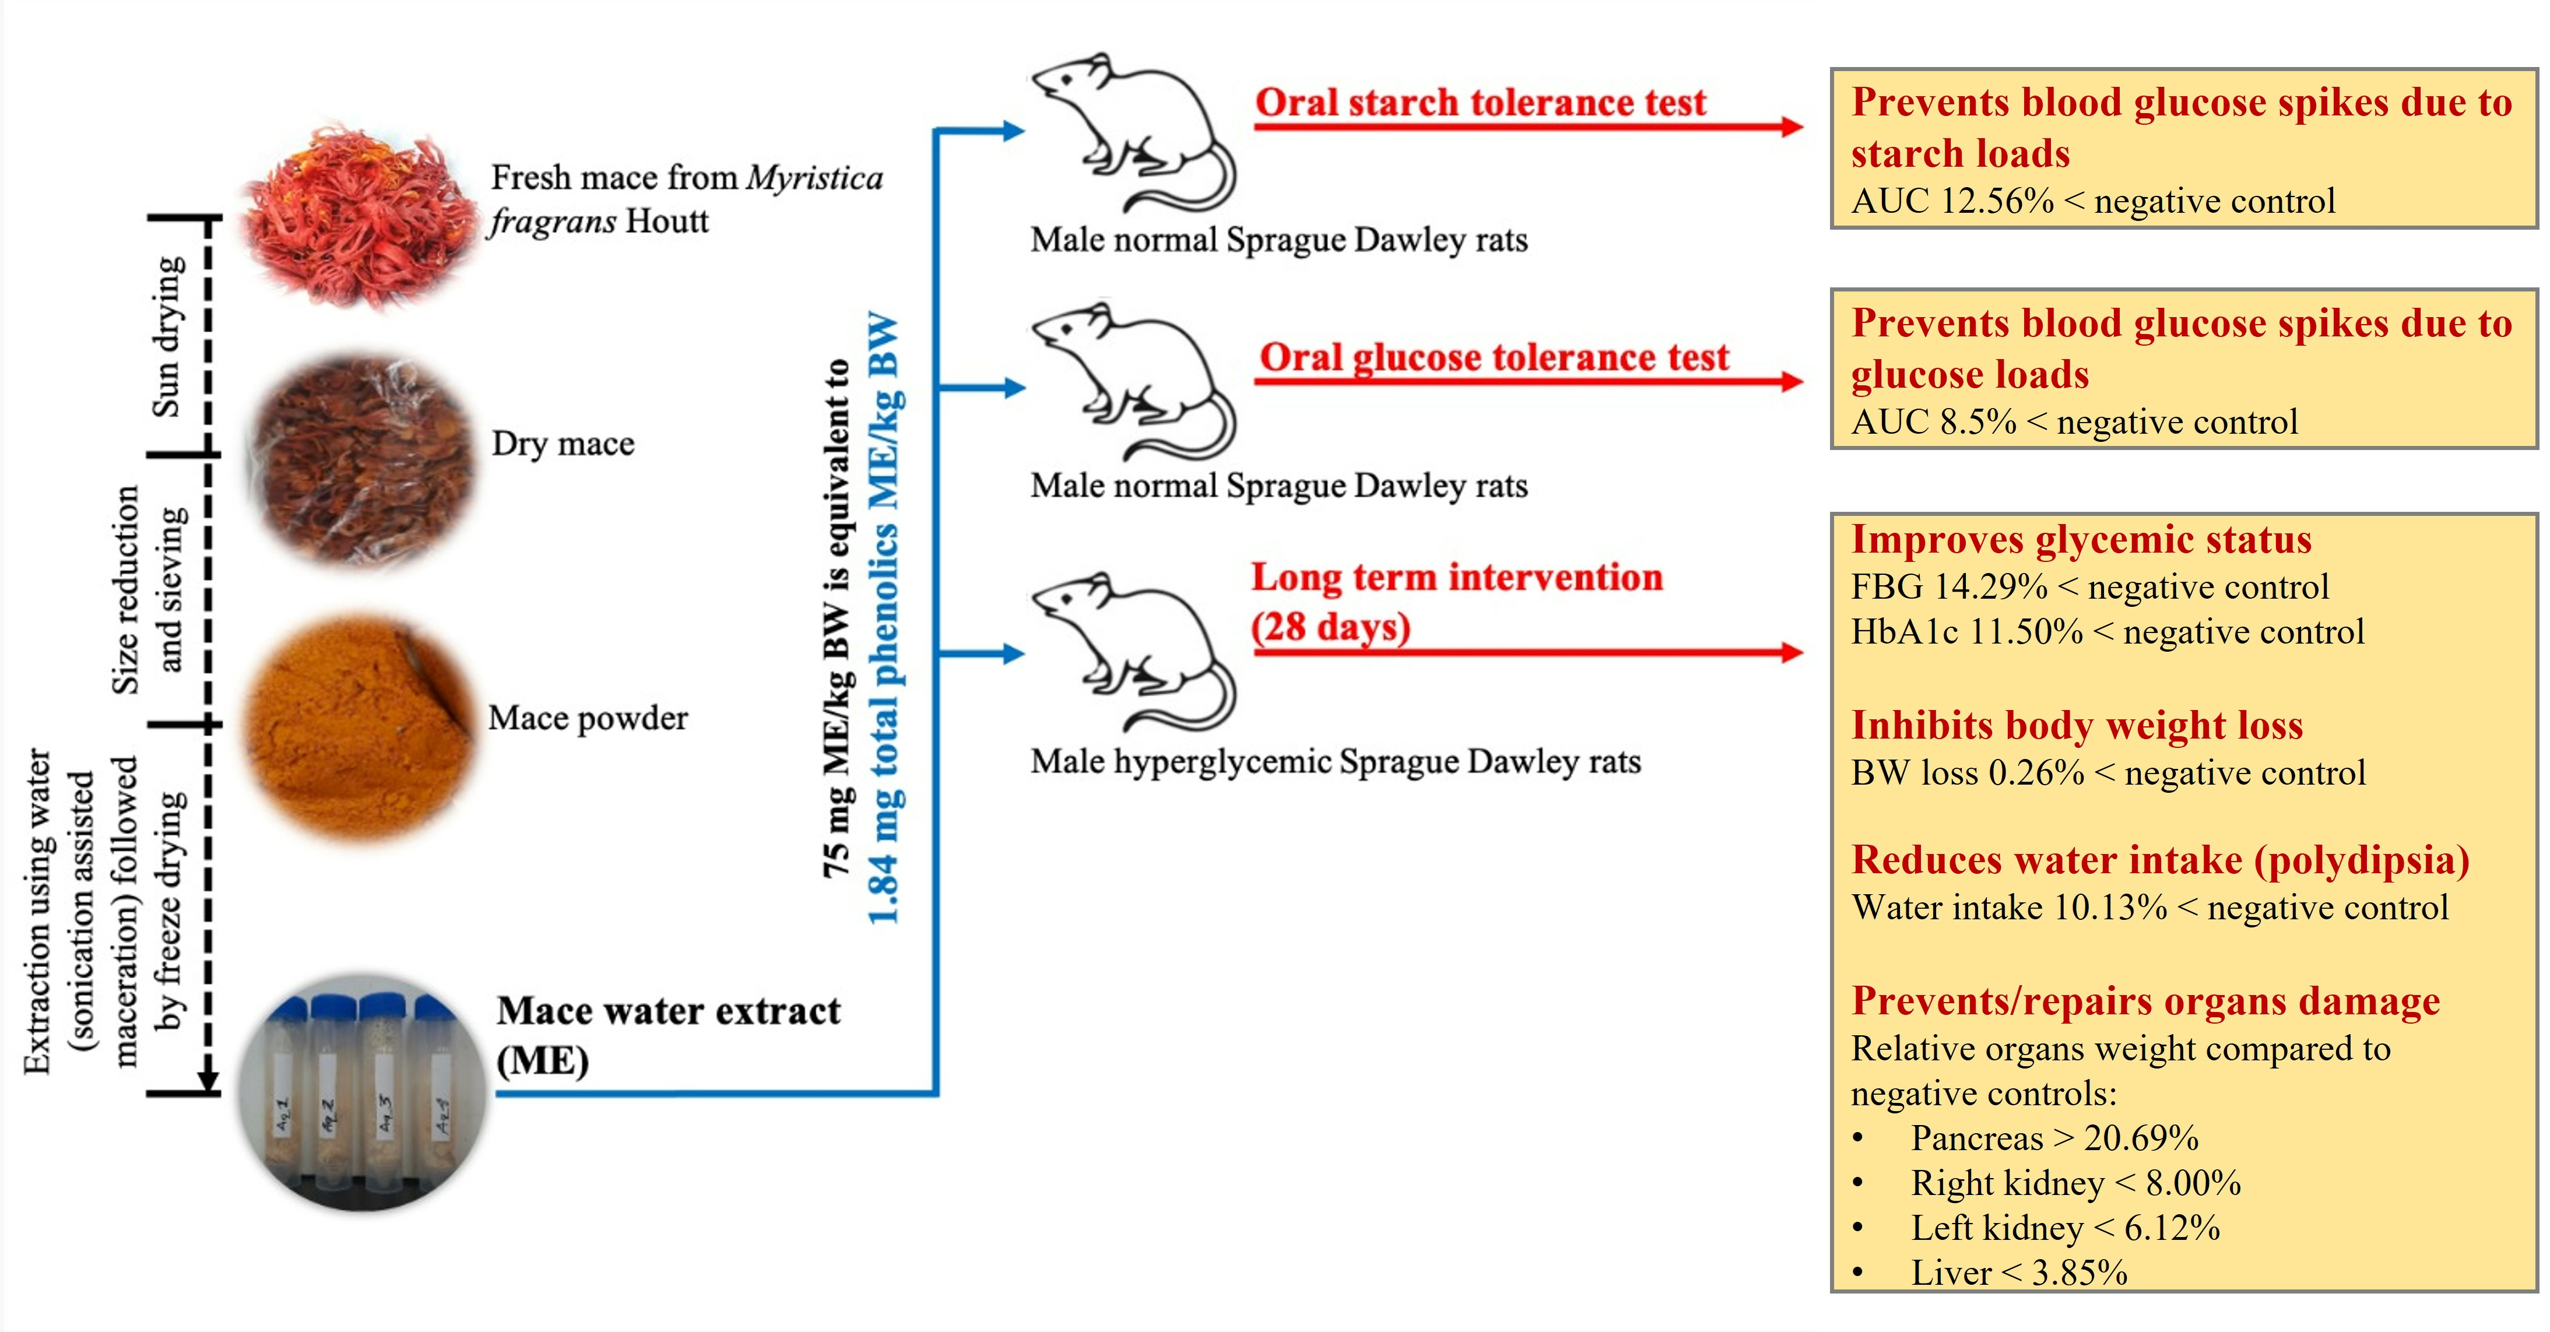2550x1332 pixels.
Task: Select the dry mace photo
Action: coord(362,460)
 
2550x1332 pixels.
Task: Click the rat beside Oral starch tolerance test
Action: coord(1133,133)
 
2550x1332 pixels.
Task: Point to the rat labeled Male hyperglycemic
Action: coord(1133,652)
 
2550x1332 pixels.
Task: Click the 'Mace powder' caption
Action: coord(588,718)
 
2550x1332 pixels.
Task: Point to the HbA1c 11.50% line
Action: coord(2106,631)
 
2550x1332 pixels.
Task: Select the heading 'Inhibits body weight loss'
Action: coord(2076,725)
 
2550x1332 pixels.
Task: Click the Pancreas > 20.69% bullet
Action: coord(2054,1138)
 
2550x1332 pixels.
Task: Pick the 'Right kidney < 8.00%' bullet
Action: coord(2075,1183)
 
